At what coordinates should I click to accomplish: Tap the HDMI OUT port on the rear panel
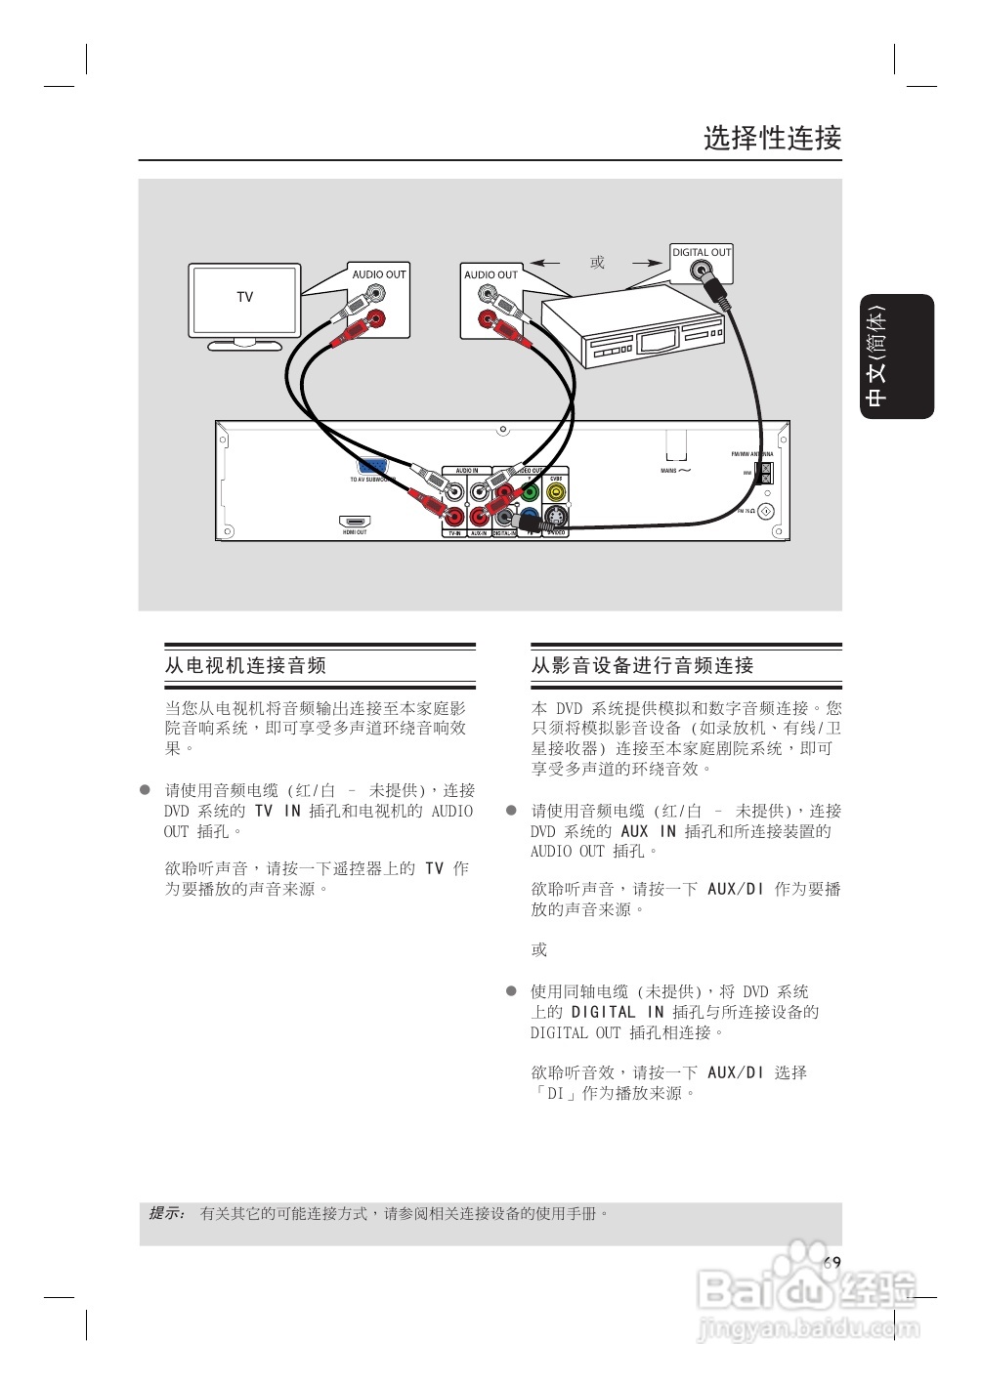click(355, 522)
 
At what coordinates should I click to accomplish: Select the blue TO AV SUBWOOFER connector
click(372, 467)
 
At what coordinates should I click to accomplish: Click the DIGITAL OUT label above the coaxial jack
click(702, 252)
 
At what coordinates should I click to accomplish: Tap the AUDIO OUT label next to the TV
click(379, 274)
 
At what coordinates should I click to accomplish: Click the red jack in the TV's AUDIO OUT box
click(375, 318)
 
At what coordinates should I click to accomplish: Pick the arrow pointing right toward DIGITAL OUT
click(647, 263)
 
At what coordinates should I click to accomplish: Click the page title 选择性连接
click(772, 138)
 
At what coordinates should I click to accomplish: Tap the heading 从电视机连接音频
click(245, 665)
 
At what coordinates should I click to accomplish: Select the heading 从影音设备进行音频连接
click(642, 665)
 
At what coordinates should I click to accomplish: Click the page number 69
click(832, 1262)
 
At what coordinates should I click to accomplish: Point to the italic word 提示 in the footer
click(166, 1213)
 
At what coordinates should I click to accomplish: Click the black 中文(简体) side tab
click(897, 356)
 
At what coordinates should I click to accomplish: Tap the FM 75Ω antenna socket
click(766, 512)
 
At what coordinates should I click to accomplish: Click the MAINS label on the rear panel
click(668, 471)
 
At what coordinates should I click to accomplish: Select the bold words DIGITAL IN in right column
click(618, 1012)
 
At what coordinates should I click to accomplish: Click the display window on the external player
click(658, 342)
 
